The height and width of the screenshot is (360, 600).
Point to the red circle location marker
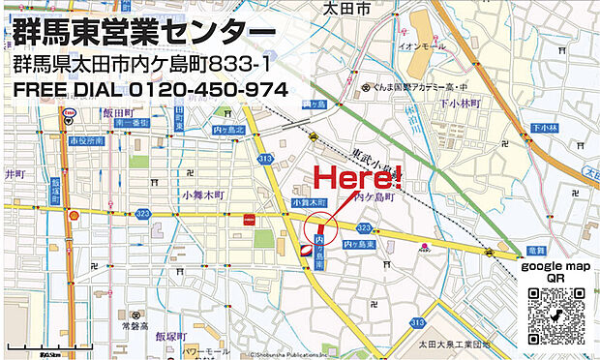tap(320, 228)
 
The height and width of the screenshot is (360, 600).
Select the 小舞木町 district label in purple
tap(202, 195)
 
